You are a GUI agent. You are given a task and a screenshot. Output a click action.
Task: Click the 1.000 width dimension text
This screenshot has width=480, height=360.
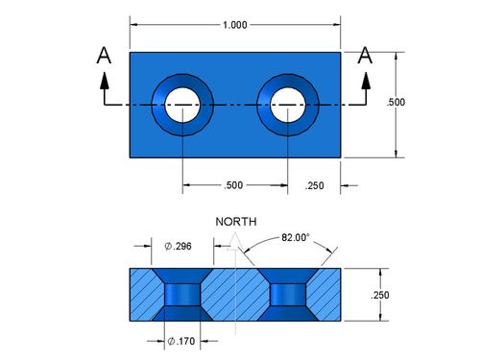click(235, 25)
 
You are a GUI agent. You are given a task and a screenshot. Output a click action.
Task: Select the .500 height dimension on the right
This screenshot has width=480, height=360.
click(396, 102)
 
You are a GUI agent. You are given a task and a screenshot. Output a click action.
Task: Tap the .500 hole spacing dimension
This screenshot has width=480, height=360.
click(233, 185)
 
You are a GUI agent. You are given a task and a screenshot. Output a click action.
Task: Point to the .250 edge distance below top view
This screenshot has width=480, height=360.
click(314, 185)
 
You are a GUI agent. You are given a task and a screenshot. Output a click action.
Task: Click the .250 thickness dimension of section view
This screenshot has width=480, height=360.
click(380, 295)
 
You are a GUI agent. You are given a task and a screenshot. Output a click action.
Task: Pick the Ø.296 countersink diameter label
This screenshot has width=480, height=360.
click(178, 246)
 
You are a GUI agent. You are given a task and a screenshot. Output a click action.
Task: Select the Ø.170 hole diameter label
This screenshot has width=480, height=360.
click(181, 341)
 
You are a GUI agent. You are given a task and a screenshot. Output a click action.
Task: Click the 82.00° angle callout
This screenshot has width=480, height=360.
click(296, 237)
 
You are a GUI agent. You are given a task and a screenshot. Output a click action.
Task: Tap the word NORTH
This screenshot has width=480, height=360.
click(236, 222)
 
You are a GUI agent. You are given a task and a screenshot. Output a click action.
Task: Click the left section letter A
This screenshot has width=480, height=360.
click(104, 56)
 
